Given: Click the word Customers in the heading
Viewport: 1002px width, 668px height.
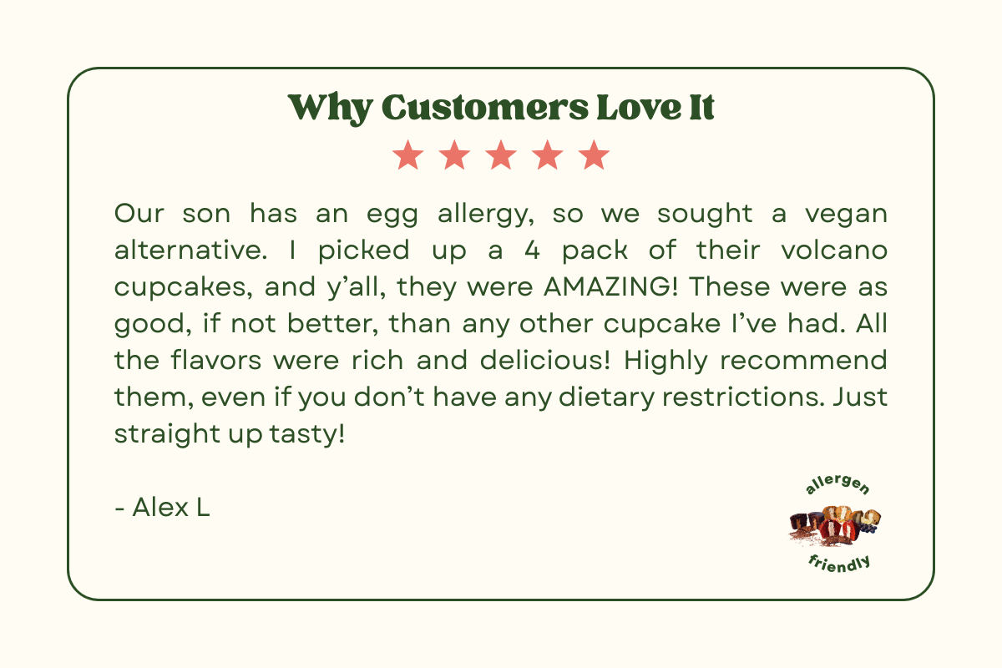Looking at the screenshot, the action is pyautogui.click(x=485, y=108).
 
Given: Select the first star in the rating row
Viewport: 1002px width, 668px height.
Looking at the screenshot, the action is pyautogui.click(x=408, y=154).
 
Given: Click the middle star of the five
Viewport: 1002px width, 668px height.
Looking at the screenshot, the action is pyautogui.click(x=501, y=154).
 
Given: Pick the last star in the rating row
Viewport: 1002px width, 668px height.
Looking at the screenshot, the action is pyautogui.click(x=594, y=154).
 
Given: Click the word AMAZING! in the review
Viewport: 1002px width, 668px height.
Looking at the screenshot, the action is pyautogui.click(x=610, y=286).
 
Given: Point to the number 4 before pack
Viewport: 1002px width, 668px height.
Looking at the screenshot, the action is pyautogui.click(x=532, y=250).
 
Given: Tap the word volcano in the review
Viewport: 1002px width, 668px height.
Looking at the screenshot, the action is pyautogui.click(x=834, y=250).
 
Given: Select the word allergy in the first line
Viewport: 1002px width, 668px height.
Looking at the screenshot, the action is pyautogui.click(x=486, y=215).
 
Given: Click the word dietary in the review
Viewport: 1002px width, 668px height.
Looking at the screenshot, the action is pyautogui.click(x=606, y=397).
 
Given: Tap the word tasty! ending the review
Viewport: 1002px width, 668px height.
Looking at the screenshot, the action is pyautogui.click(x=307, y=434).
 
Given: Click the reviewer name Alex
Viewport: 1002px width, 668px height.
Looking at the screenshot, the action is pyautogui.click(x=160, y=508).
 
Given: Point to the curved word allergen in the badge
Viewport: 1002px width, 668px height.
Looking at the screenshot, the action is pyautogui.click(x=837, y=484).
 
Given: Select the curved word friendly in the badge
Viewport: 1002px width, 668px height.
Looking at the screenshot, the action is pyautogui.click(x=840, y=564).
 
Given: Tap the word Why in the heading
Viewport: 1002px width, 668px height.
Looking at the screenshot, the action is pyautogui.click(x=330, y=109).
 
